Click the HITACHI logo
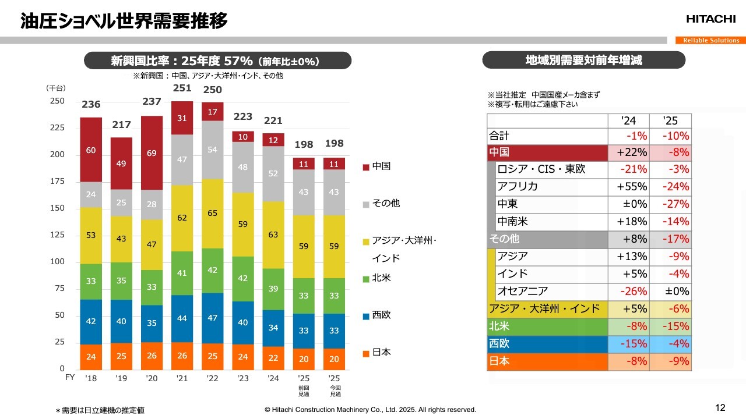[x=710, y=19]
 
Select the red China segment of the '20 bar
[x=152, y=153]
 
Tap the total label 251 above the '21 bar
[x=182, y=88]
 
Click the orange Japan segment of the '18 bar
[x=91, y=357]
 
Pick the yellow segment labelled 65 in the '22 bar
[x=212, y=214]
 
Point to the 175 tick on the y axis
[x=57, y=182]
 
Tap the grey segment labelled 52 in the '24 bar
[x=273, y=173]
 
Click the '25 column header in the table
[x=671, y=121]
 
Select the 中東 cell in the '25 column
[x=671, y=204]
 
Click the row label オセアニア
[x=522, y=292]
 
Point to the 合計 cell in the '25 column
[x=671, y=136]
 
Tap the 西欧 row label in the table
[x=499, y=344]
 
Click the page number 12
[x=720, y=407]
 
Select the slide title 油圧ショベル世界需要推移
[x=124, y=21]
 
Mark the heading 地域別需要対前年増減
[x=584, y=61]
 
